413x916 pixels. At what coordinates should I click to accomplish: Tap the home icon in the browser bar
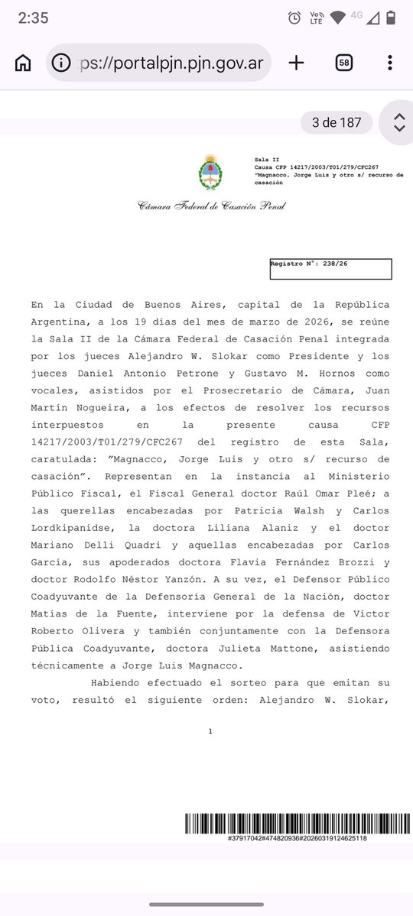(23, 63)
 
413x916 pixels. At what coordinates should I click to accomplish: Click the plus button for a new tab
(296, 63)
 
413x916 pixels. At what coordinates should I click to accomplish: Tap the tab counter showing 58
(343, 63)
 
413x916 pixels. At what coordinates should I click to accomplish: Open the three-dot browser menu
(390, 63)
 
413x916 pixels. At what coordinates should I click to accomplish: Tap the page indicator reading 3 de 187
(337, 122)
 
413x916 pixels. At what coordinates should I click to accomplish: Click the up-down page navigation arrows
(398, 122)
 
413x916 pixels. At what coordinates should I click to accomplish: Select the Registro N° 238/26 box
(330, 269)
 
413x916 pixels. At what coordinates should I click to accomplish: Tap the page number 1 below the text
(210, 731)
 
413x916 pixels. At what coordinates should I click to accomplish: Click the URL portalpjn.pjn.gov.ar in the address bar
(169, 63)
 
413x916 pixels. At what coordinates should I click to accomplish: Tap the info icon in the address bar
(63, 63)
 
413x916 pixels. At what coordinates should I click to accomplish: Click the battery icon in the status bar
(392, 18)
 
